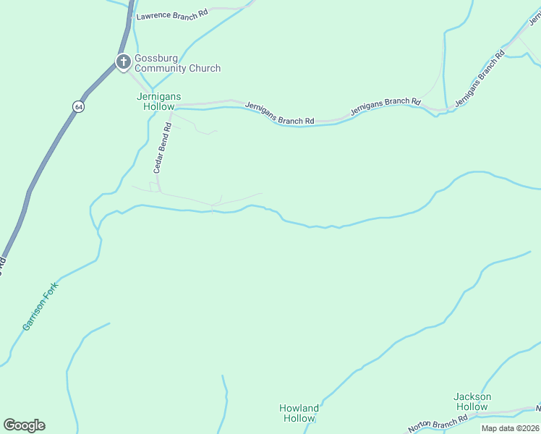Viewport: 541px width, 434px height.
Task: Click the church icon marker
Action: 124,62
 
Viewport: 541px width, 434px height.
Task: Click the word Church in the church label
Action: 205,69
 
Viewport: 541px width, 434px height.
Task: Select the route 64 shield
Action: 77,106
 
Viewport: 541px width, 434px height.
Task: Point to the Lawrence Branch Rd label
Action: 172,14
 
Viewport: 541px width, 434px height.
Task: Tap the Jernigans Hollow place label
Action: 156,101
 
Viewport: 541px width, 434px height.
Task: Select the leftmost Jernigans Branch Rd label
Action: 279,113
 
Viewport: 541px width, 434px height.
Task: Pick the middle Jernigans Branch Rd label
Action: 385,106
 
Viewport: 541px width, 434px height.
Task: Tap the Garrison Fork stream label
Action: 40,306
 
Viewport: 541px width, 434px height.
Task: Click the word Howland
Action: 299,408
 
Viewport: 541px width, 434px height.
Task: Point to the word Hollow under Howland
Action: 299,419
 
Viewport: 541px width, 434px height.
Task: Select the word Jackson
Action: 472,396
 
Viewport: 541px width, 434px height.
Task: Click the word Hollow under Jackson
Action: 472,407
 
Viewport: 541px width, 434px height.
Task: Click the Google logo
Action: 24,425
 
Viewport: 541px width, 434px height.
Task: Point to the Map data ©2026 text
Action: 510,428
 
